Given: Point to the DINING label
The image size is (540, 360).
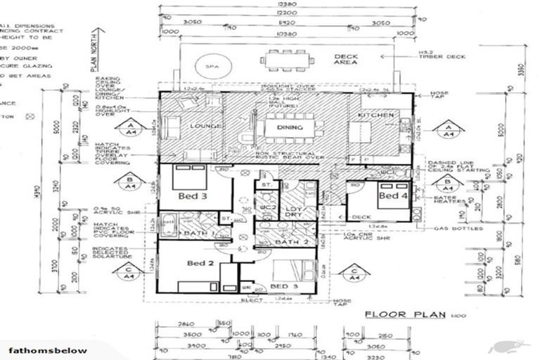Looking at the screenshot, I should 290,128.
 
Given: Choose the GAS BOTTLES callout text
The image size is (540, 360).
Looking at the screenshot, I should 458,229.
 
